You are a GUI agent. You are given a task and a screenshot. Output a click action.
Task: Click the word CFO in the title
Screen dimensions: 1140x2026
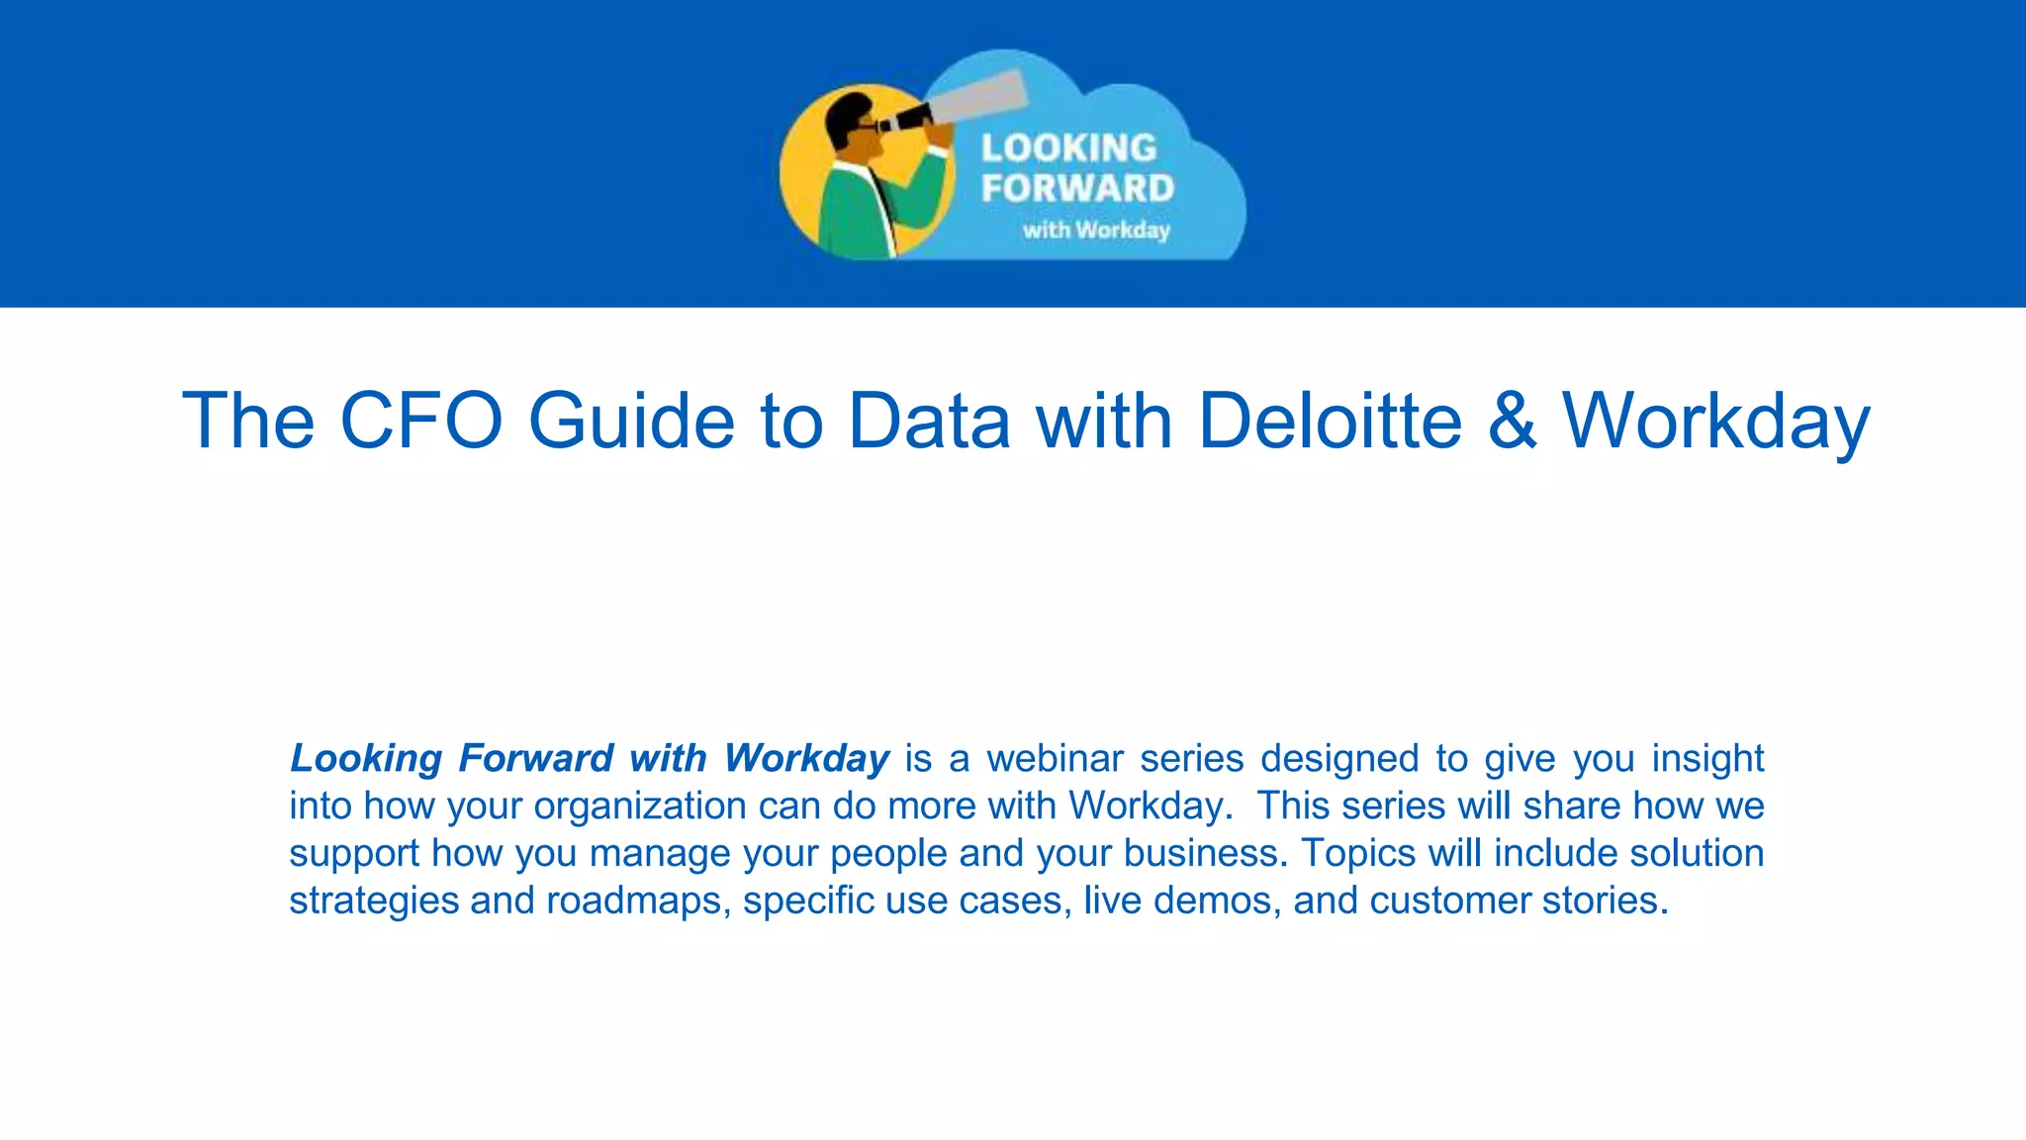tap(420, 421)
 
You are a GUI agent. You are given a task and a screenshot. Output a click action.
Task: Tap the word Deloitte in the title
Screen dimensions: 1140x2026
tap(1329, 421)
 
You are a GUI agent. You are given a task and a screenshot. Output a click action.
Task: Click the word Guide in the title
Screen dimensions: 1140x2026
tap(631, 421)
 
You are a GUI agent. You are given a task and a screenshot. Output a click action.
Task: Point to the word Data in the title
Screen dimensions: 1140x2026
tap(929, 421)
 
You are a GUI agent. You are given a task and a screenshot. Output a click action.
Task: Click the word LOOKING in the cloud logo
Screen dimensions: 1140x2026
tap(1068, 148)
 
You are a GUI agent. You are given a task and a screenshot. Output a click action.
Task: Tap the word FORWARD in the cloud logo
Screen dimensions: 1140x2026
tap(1077, 188)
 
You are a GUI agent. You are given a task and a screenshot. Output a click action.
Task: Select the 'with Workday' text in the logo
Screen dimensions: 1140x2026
tap(1096, 230)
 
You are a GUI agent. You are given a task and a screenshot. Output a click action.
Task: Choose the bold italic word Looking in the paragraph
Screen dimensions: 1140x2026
tap(365, 759)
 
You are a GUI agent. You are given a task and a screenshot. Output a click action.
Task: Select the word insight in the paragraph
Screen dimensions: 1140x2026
tap(1707, 759)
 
